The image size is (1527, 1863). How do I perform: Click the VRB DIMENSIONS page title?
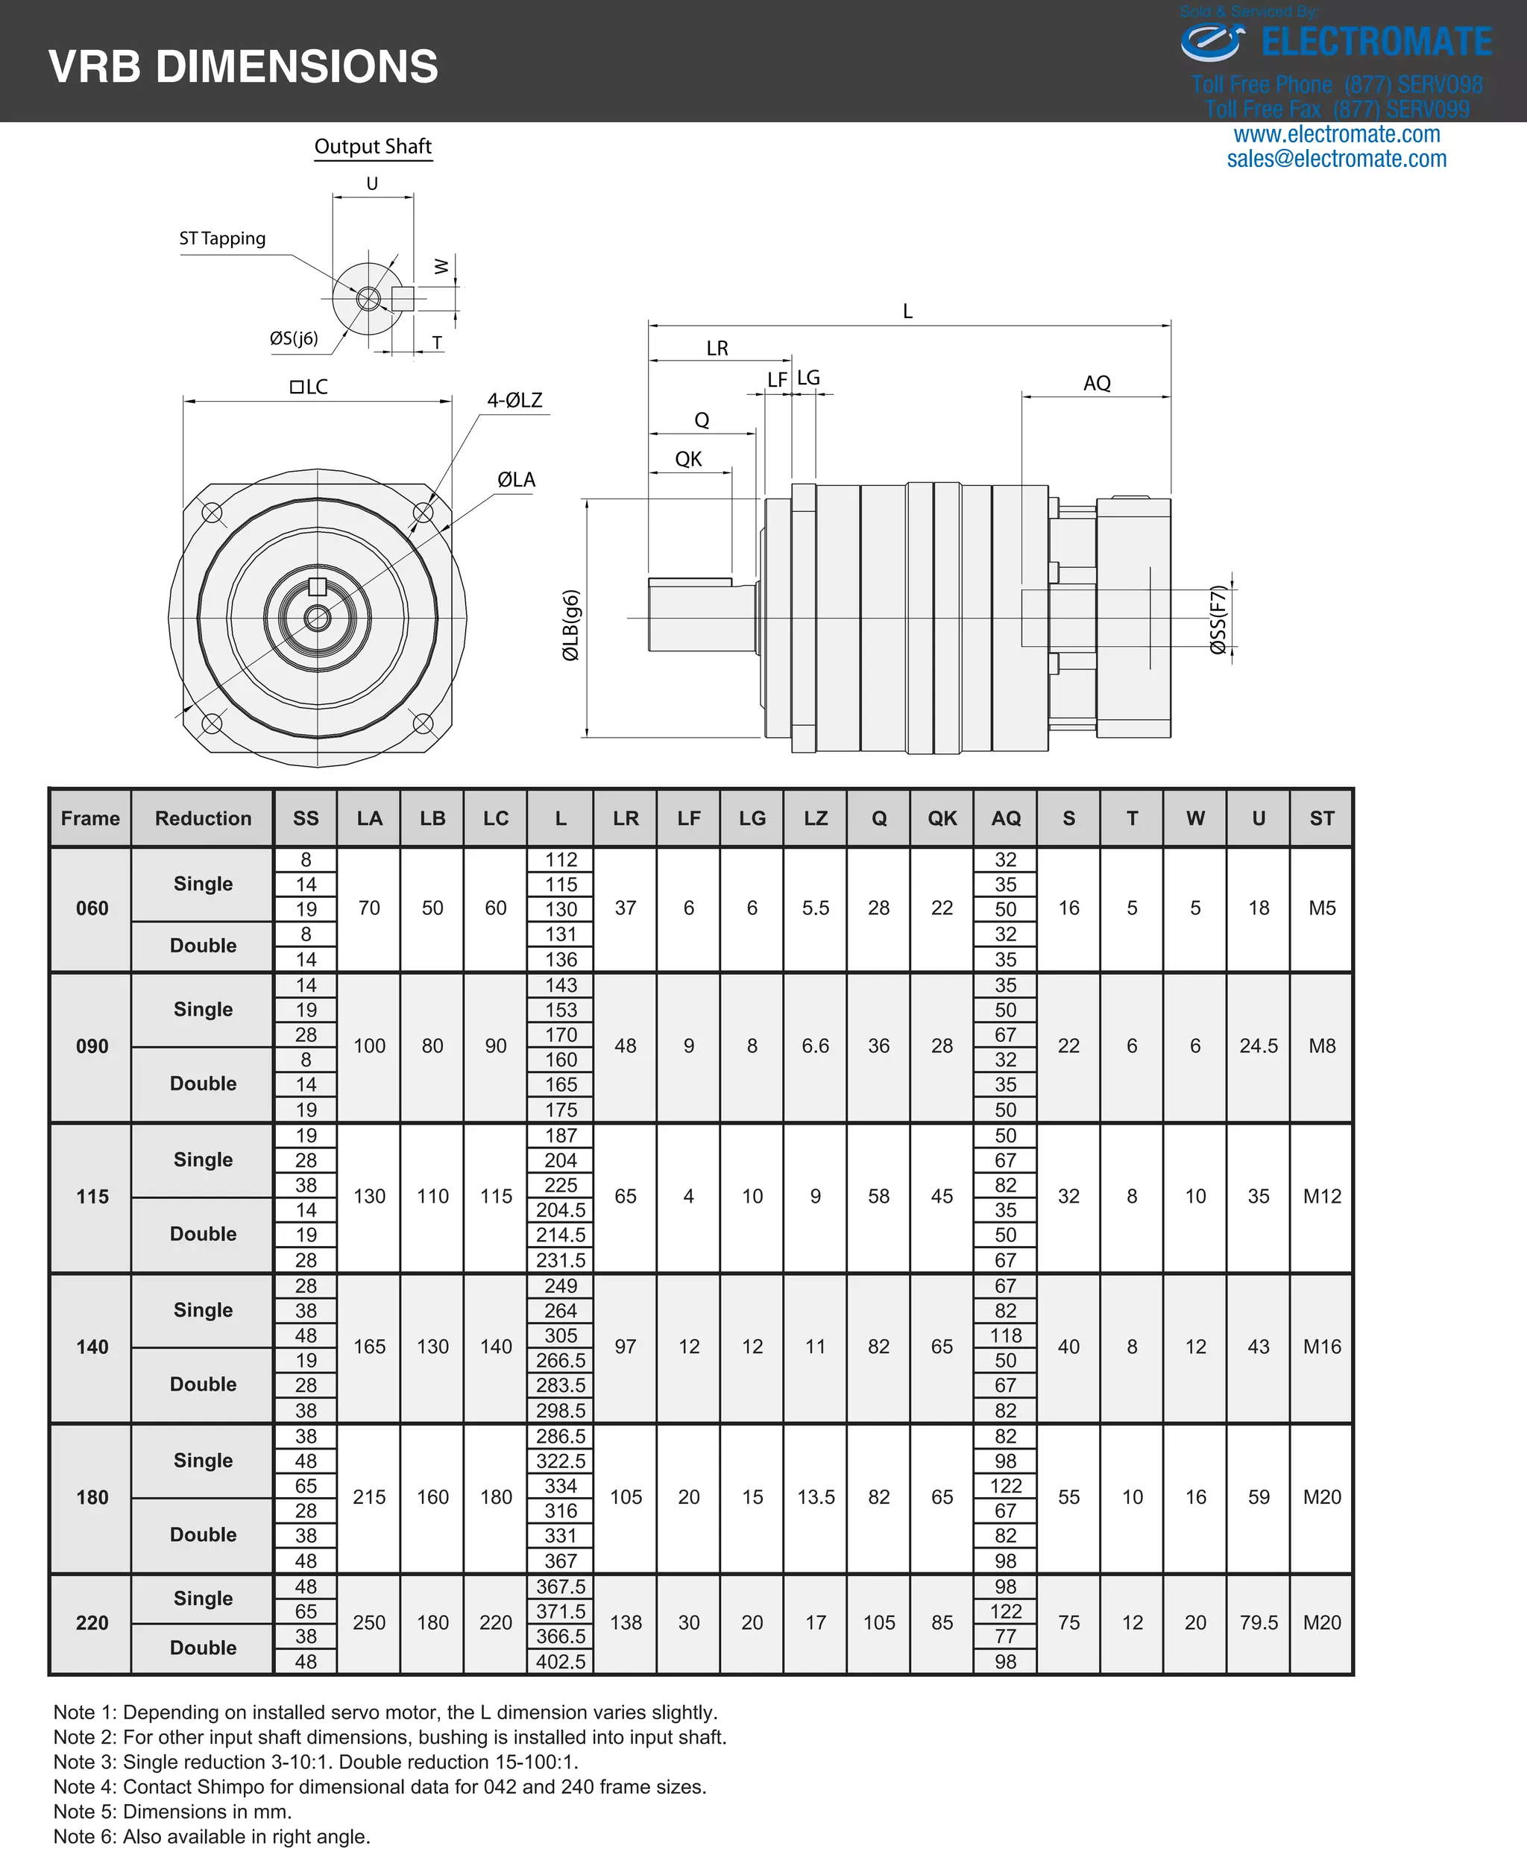pyautogui.click(x=243, y=67)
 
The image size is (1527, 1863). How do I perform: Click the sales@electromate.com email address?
pyautogui.click(x=1336, y=159)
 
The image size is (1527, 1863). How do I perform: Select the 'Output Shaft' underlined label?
pyautogui.click(x=373, y=147)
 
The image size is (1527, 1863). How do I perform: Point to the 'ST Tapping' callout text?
pyautogui.click(x=221, y=238)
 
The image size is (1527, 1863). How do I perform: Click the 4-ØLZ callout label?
pyautogui.click(x=514, y=400)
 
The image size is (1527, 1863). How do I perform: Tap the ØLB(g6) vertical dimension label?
pyautogui.click(x=571, y=624)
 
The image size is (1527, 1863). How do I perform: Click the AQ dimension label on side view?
pyautogui.click(x=1096, y=383)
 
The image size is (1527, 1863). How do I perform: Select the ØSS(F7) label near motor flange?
pyautogui.click(x=1218, y=620)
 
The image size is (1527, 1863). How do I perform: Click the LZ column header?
pyautogui.click(x=816, y=818)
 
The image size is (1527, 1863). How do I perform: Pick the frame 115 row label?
pyautogui.click(x=92, y=1197)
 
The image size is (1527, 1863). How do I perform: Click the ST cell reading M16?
pyautogui.click(x=1321, y=1347)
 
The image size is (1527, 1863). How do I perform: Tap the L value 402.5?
pyautogui.click(x=560, y=1662)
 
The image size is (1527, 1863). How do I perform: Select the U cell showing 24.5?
pyautogui.click(x=1258, y=1046)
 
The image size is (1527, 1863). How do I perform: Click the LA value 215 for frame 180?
pyautogui.click(x=369, y=1497)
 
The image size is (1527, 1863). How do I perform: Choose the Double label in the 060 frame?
pyautogui.click(x=204, y=946)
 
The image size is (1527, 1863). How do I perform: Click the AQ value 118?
pyautogui.click(x=1005, y=1335)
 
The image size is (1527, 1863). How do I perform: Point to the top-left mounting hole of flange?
pyautogui.click(x=212, y=513)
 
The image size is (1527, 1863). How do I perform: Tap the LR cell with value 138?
pyautogui.click(x=626, y=1623)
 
